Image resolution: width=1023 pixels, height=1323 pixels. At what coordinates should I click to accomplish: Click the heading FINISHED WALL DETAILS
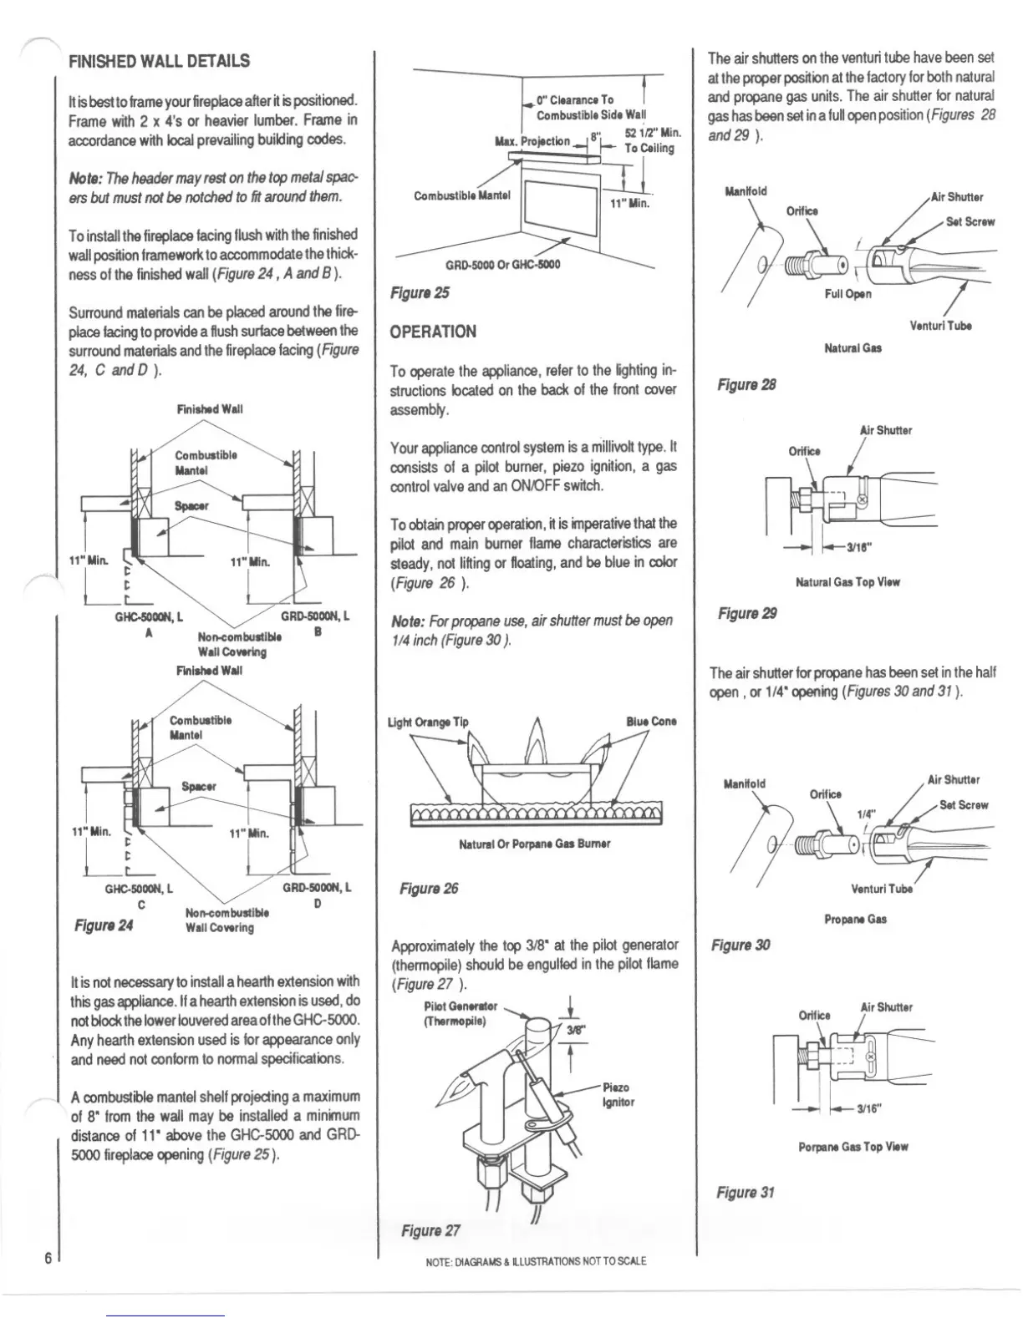click(159, 62)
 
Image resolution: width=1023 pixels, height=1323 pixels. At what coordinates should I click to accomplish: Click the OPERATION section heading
click(433, 332)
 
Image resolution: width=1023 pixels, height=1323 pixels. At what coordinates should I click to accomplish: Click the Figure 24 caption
click(104, 925)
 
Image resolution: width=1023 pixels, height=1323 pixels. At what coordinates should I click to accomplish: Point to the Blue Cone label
click(651, 722)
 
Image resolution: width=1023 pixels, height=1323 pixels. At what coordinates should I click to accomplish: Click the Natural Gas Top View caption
click(847, 583)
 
